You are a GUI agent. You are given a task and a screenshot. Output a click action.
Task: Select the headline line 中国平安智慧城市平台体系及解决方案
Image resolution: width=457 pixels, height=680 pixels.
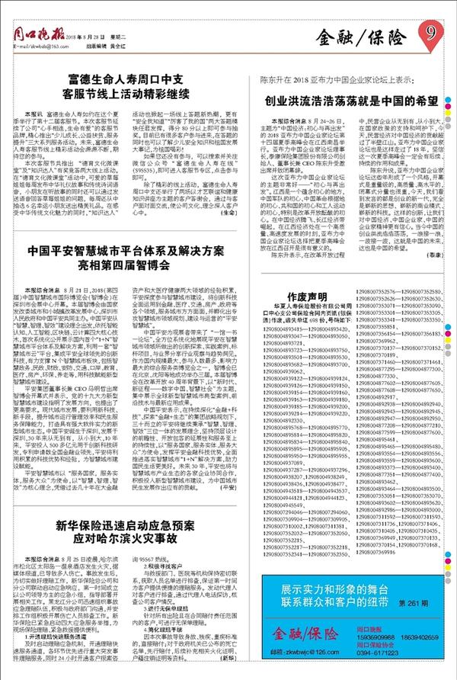126,251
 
